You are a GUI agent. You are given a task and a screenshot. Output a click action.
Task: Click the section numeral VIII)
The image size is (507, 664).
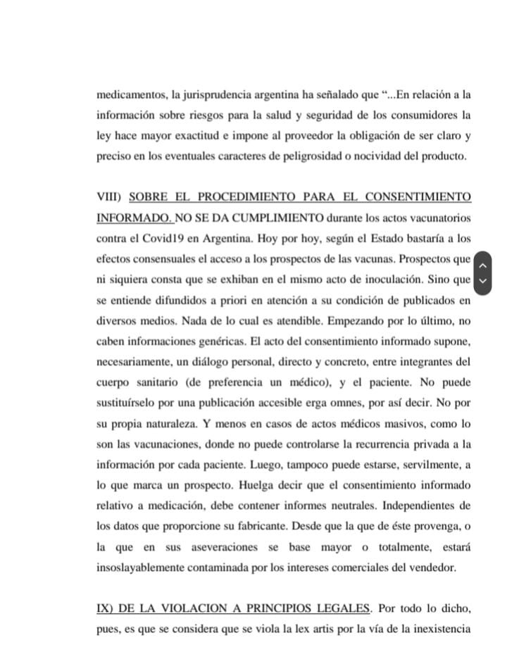[110, 196]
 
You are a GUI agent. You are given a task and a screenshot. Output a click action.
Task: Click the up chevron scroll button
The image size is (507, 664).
[482, 265]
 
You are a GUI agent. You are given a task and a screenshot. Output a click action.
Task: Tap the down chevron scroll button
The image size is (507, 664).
[482, 280]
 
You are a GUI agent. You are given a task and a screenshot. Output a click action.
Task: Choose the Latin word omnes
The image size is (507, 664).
[339, 404]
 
